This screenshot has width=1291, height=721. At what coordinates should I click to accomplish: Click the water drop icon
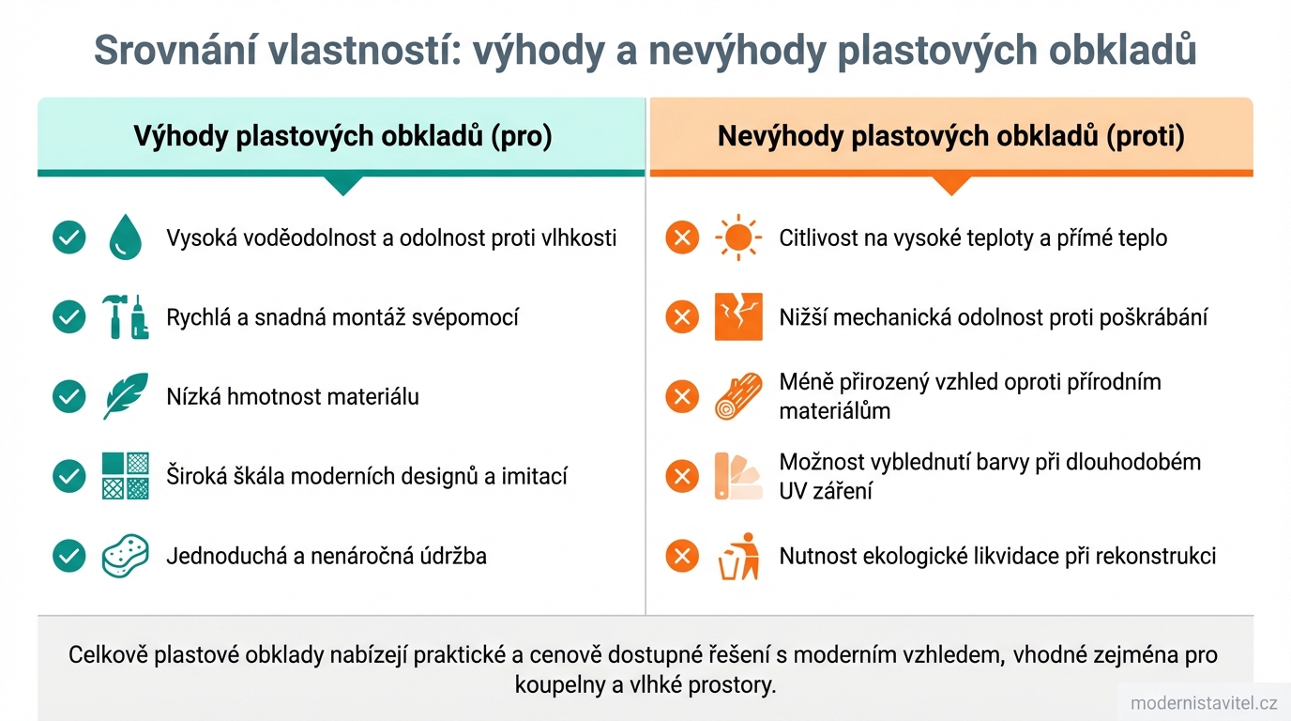tap(125, 238)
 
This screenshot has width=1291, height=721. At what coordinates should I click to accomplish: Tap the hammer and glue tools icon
tap(125, 317)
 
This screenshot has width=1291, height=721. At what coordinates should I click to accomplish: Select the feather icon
tap(125, 396)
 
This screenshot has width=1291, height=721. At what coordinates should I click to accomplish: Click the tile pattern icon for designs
tap(125, 476)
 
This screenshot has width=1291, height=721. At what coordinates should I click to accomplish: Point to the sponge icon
tap(125, 556)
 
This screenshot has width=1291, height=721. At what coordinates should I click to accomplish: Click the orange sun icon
tap(738, 238)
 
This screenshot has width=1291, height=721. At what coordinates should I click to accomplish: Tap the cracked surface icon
tap(738, 317)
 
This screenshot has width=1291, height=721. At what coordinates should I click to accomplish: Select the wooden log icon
tap(738, 396)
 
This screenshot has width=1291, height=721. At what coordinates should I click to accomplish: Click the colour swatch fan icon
tap(738, 476)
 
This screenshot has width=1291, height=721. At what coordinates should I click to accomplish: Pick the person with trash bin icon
tap(738, 556)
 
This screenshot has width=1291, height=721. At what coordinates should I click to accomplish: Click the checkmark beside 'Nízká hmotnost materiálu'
tap(69, 396)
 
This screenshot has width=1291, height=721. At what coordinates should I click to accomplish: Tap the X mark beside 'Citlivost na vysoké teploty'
tap(682, 238)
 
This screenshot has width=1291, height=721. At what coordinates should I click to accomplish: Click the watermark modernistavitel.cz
tap(1204, 703)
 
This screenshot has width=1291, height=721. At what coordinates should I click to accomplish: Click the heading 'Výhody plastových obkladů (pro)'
tap(342, 137)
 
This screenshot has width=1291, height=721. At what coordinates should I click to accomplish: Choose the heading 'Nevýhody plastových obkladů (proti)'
tap(950, 137)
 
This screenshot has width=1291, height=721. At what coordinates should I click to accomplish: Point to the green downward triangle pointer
tap(342, 185)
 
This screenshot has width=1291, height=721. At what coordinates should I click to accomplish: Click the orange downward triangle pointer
tap(950, 185)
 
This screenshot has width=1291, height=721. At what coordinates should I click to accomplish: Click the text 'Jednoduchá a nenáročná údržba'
tap(327, 556)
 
